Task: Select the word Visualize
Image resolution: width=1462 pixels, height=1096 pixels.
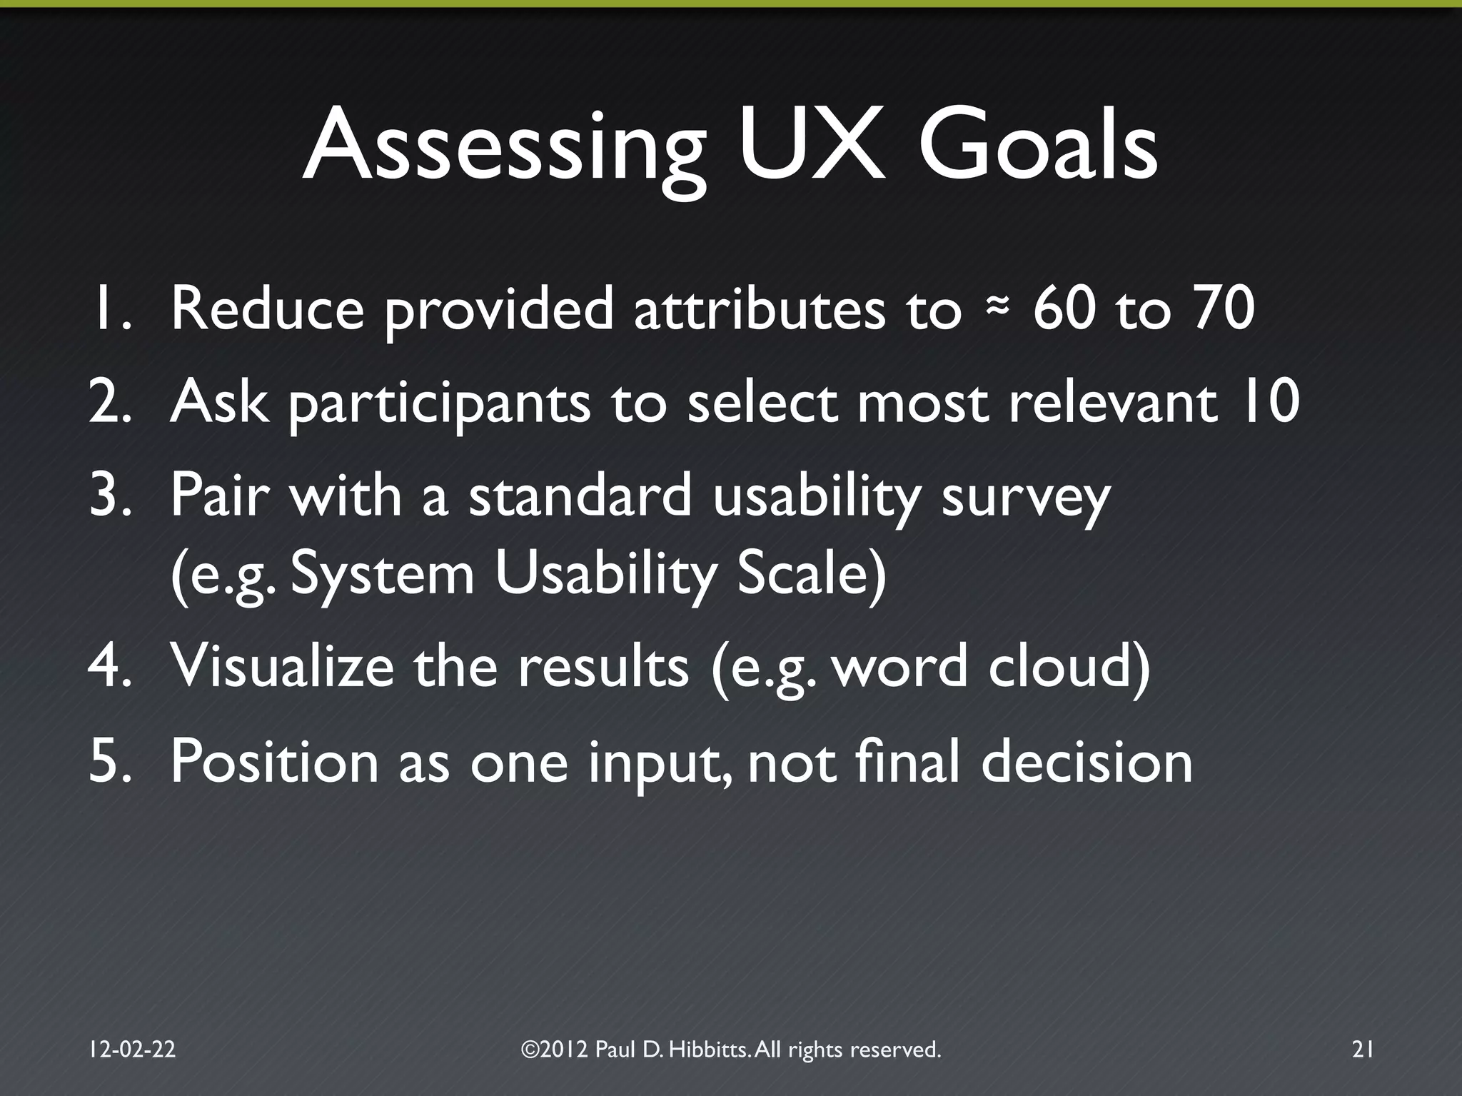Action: (x=282, y=666)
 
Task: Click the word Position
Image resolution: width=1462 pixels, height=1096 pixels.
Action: (x=274, y=763)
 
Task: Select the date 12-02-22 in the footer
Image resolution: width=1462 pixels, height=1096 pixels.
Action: (x=132, y=1049)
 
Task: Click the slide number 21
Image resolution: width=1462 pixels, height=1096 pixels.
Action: (x=1363, y=1049)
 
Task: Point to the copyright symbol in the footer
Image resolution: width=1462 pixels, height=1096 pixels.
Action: (x=530, y=1049)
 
